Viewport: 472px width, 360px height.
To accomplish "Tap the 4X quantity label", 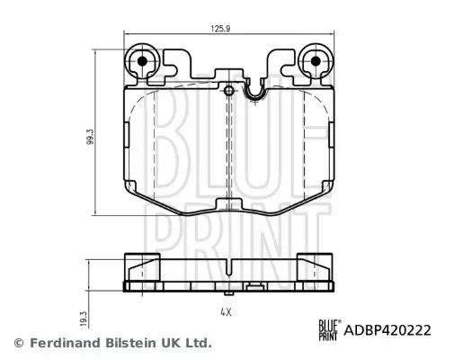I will click(x=226, y=311).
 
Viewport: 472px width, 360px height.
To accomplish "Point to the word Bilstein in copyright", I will click(x=124, y=343).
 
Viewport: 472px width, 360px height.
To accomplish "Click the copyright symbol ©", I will click(x=17, y=343).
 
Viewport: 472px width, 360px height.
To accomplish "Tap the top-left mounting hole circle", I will click(x=141, y=61).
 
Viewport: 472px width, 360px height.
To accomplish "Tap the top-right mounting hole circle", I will click(x=315, y=61).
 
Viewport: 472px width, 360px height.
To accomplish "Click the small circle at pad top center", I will click(x=229, y=91).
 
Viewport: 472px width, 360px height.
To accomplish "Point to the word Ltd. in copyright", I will click(x=198, y=343).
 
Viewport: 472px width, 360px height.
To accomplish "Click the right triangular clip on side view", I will click(x=318, y=266).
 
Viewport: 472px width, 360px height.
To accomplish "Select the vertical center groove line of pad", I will click(x=232, y=144).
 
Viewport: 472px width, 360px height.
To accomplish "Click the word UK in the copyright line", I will click(x=168, y=343).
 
